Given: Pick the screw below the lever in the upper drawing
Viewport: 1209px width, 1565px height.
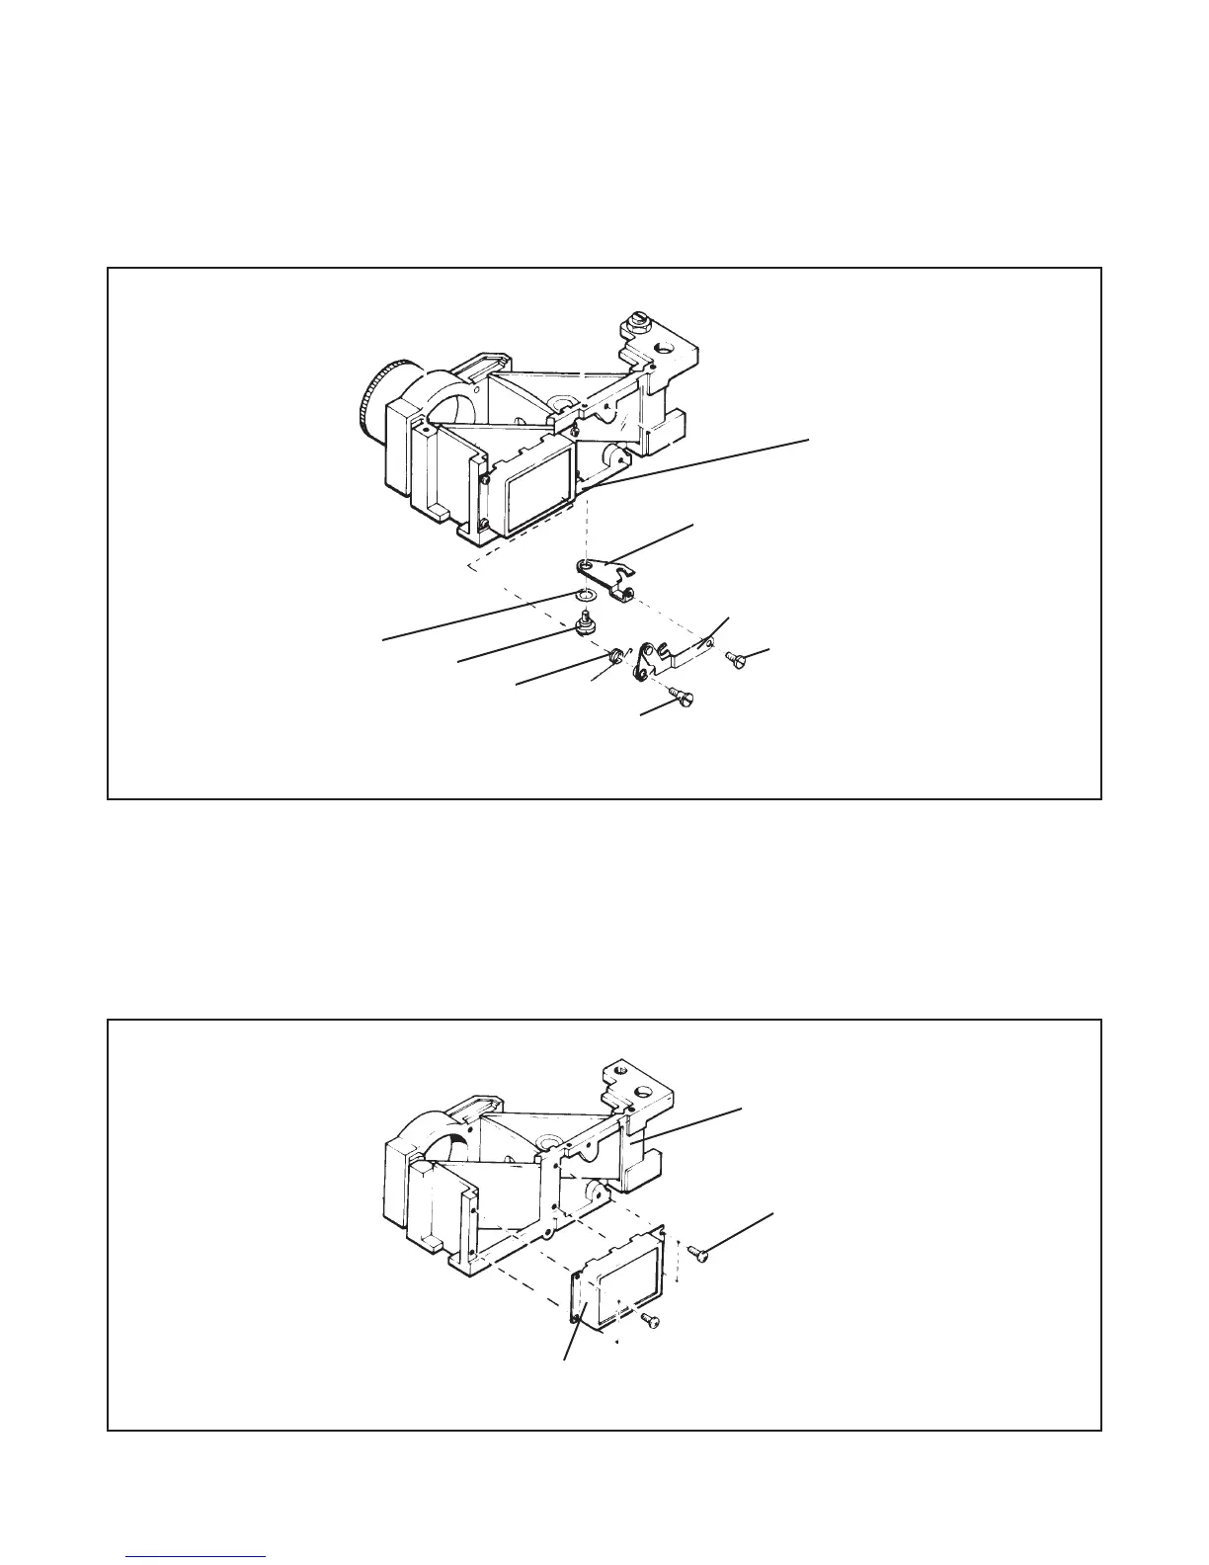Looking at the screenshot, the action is [683, 697].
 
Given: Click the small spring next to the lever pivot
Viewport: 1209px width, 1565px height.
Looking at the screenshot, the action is [617, 655].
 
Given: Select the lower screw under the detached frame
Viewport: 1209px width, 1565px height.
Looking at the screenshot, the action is [650, 1320].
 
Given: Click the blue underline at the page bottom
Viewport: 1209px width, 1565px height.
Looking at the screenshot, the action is [197, 1556].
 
